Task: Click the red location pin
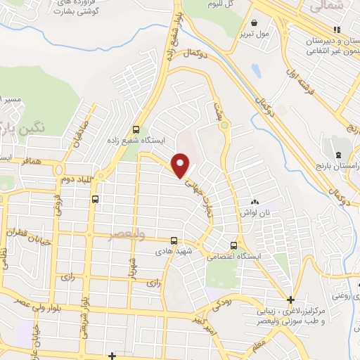pyautogui.click(x=181, y=166)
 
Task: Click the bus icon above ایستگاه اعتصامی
pyautogui.click(x=233, y=245)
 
